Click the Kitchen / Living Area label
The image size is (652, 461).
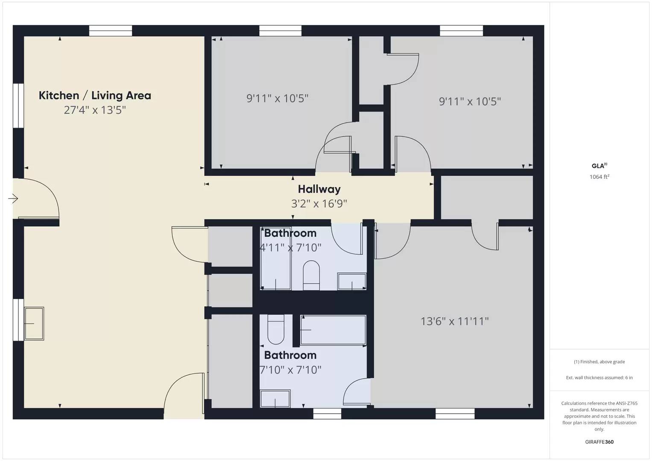coord(95,96)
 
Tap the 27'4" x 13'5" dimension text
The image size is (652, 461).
coord(95,110)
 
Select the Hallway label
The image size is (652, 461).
coord(319,189)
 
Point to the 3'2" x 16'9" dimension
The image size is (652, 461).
coord(319,204)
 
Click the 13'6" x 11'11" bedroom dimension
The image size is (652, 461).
coord(455,321)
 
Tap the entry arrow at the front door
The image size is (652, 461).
coord(13,198)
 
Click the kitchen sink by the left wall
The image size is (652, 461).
coord(34,324)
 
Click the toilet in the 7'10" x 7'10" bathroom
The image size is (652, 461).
coord(276,329)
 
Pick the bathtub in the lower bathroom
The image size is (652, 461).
coord(333,330)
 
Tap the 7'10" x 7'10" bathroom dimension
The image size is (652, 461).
coord(291,370)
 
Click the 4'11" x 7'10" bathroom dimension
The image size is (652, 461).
coord(291,248)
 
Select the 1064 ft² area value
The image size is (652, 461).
coord(599,177)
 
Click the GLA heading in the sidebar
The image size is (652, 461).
coord(599,166)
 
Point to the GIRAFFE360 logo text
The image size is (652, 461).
coord(599,442)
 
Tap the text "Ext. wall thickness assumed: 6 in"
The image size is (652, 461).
coord(599,377)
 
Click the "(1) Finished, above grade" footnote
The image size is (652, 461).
coord(599,362)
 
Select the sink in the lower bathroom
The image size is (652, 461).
coord(275,398)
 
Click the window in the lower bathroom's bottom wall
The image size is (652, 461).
coord(327,413)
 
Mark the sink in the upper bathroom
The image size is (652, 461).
coord(352,281)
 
